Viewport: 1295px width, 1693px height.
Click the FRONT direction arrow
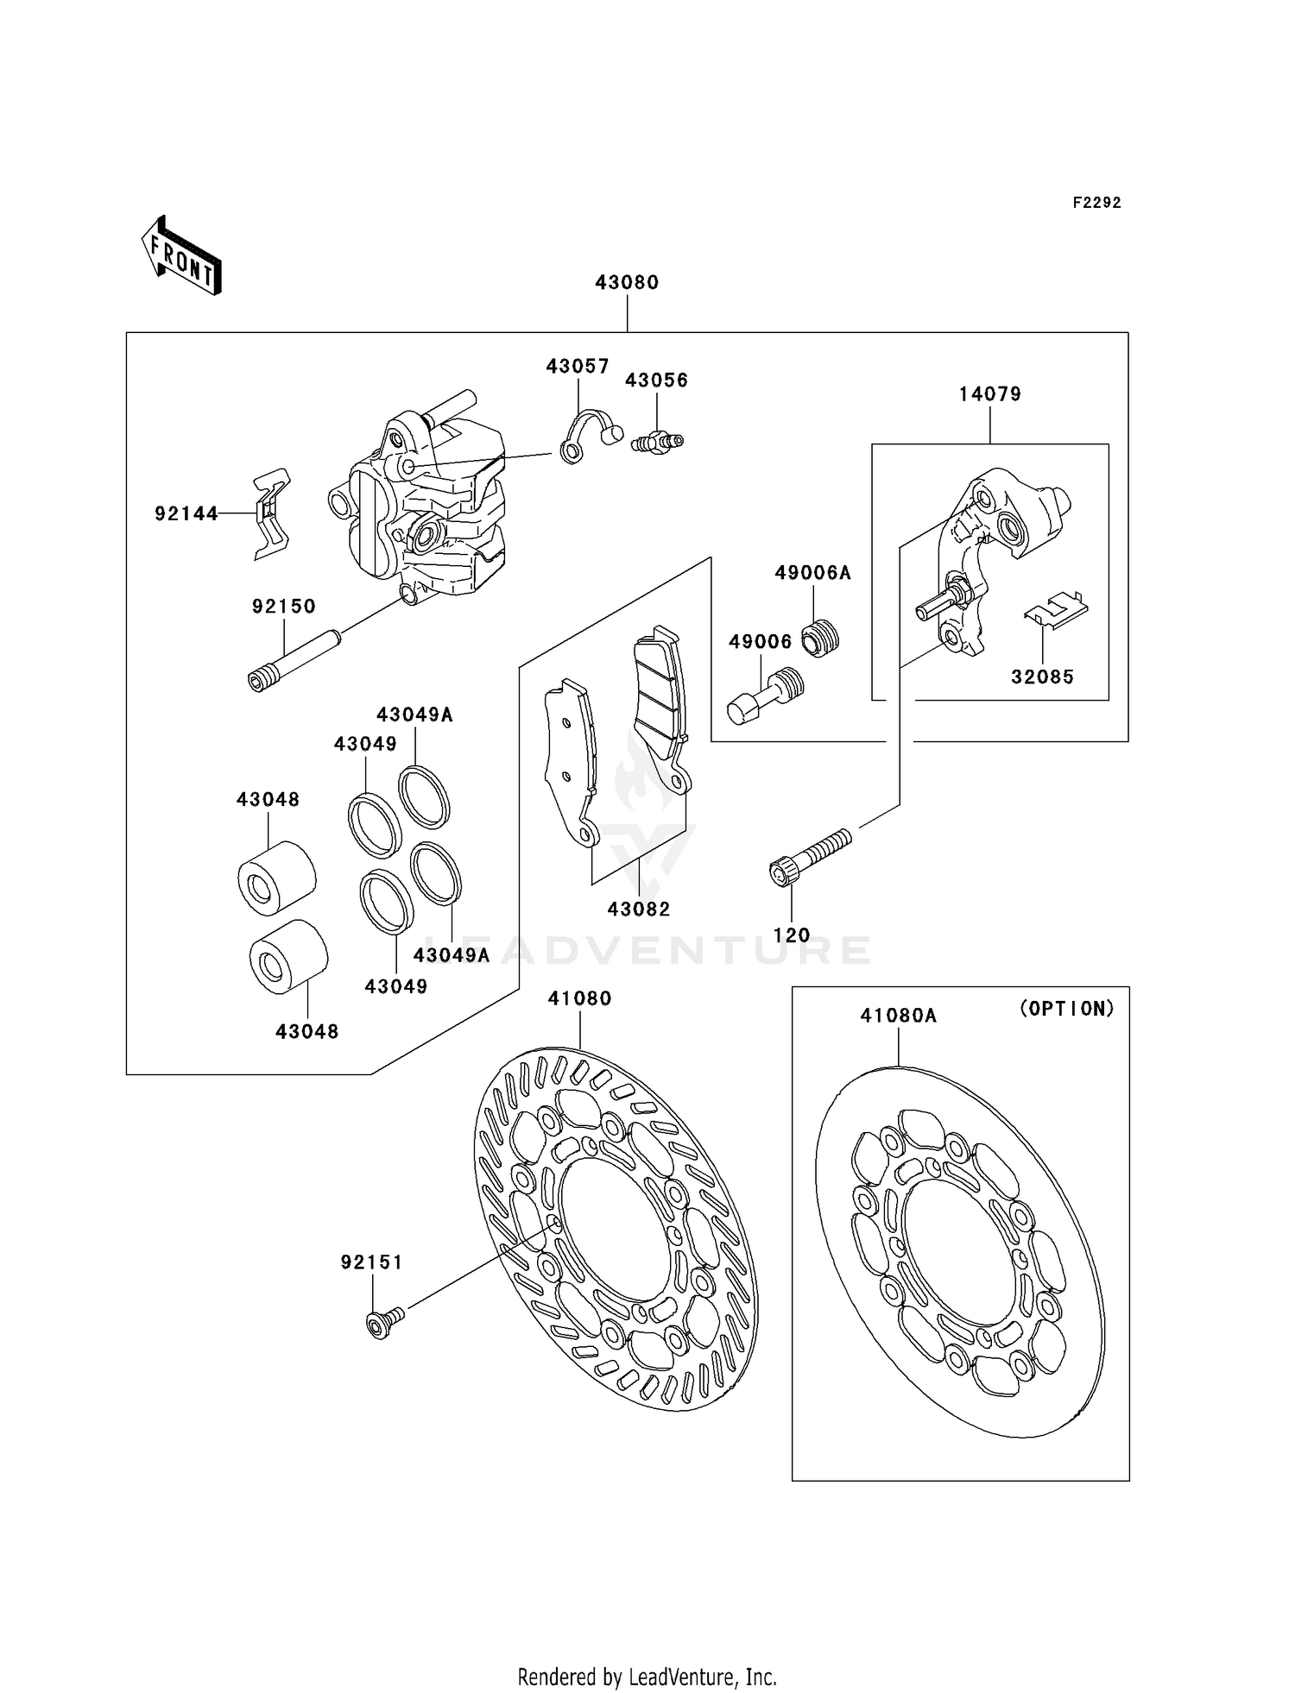tap(181, 255)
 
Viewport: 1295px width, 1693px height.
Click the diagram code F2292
tap(1096, 203)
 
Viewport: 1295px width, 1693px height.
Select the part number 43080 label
tap(627, 282)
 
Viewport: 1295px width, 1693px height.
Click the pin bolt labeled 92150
tap(294, 662)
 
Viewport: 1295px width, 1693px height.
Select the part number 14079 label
tap(989, 394)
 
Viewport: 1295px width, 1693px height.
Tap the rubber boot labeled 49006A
tap(820, 639)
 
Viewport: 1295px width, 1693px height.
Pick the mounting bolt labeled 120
tap(809, 856)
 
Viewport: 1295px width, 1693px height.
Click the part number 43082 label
tap(639, 909)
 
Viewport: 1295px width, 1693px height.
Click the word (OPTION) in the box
tap(1067, 1009)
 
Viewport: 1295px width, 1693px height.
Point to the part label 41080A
tap(898, 1016)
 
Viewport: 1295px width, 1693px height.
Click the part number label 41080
tap(579, 998)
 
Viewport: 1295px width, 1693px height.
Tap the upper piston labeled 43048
tap(276, 877)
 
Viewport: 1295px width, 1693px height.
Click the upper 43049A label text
tap(414, 714)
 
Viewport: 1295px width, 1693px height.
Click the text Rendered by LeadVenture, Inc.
tap(647, 1677)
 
